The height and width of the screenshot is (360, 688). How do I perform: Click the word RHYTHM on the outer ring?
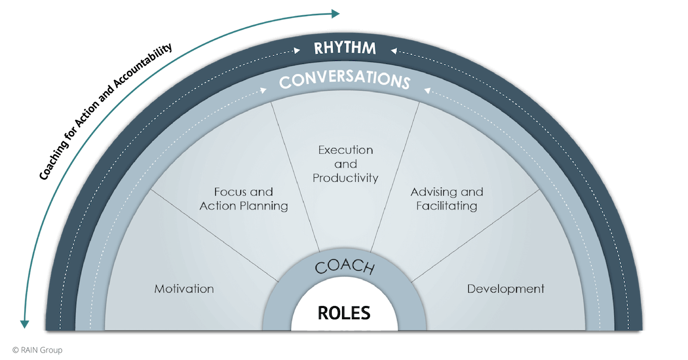[345, 48]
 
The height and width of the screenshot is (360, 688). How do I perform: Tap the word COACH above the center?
[344, 266]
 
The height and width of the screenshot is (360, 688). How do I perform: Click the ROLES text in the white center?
[344, 312]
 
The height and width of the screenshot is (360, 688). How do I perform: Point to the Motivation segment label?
[184, 289]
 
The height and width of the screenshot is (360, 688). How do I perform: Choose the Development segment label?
[506, 289]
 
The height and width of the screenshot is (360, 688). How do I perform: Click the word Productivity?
[345, 177]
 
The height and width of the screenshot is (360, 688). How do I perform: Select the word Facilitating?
[447, 205]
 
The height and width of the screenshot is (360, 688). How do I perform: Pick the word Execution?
[345, 150]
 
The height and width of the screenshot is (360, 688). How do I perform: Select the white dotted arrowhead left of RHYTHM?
[297, 50]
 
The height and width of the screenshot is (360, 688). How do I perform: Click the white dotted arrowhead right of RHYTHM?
[393, 50]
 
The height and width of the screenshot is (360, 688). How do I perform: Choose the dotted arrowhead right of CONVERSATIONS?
[427, 89]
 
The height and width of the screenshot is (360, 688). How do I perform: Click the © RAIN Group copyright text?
[37, 350]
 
